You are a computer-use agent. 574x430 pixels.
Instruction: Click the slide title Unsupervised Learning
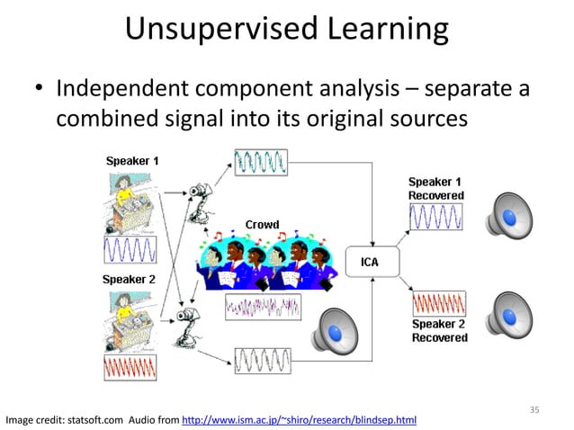pos(286,29)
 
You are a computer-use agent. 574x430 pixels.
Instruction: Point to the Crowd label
pos(262,224)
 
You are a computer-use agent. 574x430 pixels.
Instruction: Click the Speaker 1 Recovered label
pos(437,188)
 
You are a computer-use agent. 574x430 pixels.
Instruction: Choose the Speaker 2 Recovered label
pos(439,330)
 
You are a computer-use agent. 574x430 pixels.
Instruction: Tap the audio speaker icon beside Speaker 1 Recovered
pos(509,216)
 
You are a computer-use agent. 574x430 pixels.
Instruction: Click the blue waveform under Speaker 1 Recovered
pos(436,216)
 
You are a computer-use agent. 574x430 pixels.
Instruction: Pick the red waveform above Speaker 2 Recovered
pos(438,302)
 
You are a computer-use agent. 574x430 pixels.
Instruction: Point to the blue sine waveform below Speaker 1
pos(130,249)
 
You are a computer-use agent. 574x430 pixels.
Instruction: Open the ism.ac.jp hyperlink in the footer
pos(299,419)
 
